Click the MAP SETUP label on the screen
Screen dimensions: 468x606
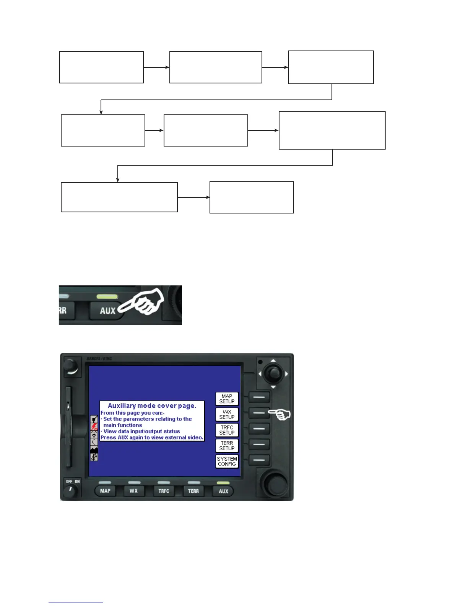(227, 399)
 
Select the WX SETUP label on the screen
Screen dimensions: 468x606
(227, 415)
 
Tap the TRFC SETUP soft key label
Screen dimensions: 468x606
(227, 430)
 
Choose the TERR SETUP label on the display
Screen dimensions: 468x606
(227, 446)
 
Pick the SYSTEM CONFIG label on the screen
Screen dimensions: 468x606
(227, 461)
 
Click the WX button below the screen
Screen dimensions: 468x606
(133, 491)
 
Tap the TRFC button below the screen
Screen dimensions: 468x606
(164, 491)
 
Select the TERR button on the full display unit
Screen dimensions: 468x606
(193, 491)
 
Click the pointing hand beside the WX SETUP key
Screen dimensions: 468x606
(280, 414)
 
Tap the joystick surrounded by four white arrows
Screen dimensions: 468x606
(273, 373)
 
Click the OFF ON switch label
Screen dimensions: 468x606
(73, 482)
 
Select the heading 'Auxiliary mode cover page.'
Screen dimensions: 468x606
(152, 406)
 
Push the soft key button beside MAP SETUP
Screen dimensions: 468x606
(259, 397)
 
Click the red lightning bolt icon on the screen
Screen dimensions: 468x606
(94, 426)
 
